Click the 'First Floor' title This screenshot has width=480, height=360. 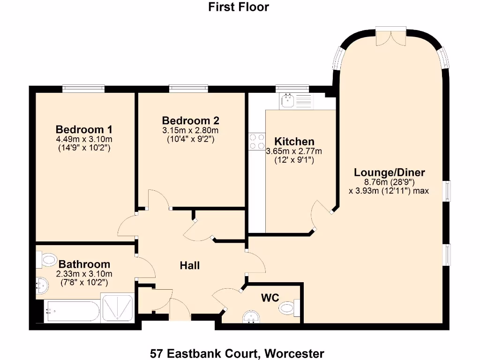(239, 7)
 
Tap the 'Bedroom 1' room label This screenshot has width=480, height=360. (84, 129)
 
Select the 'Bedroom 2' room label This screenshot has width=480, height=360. (190, 120)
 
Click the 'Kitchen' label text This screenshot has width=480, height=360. (294, 142)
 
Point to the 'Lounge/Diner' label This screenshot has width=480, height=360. (389, 172)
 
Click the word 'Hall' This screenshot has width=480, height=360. (190, 266)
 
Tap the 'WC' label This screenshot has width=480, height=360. (270, 297)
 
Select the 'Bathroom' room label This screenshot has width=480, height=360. (84, 264)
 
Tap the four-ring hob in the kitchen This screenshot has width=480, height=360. (256, 142)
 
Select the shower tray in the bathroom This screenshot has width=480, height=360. (118, 307)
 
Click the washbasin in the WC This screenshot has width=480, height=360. (252, 317)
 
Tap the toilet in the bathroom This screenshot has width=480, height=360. (48, 259)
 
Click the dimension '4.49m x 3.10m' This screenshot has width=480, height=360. (84, 139)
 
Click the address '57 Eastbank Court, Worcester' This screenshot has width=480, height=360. (237, 352)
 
